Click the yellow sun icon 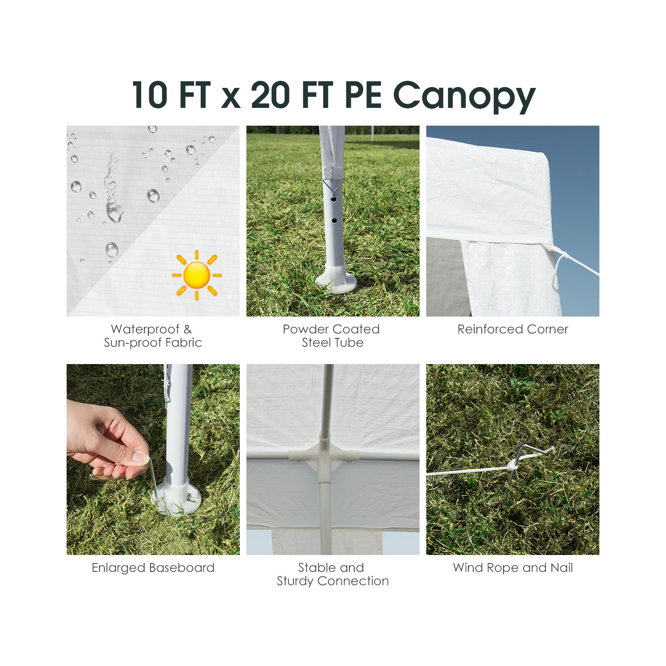(x=197, y=275)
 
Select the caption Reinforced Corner (x=512, y=329)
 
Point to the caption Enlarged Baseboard (x=153, y=568)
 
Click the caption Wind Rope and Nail (x=512, y=568)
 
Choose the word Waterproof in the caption (x=145, y=329)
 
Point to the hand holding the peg (x=107, y=444)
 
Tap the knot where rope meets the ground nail (x=511, y=467)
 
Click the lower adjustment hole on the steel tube (x=334, y=220)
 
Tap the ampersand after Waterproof (x=187, y=329)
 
